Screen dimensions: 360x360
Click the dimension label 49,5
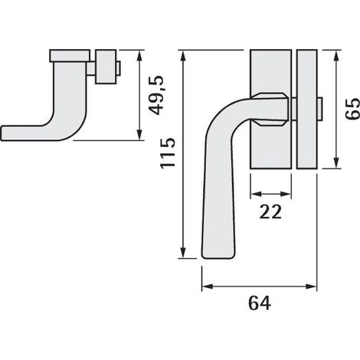(157, 95)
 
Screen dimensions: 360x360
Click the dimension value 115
(168, 153)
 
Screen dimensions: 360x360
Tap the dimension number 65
(352, 108)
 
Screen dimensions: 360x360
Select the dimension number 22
(270, 212)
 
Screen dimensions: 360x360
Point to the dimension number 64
(260, 303)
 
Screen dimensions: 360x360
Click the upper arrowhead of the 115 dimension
(183, 56)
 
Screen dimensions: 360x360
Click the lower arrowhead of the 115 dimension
(183, 252)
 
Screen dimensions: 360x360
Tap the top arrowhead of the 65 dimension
(337, 56)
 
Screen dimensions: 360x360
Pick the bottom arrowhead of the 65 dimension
(337, 162)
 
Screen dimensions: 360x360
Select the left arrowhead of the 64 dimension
(208, 286)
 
